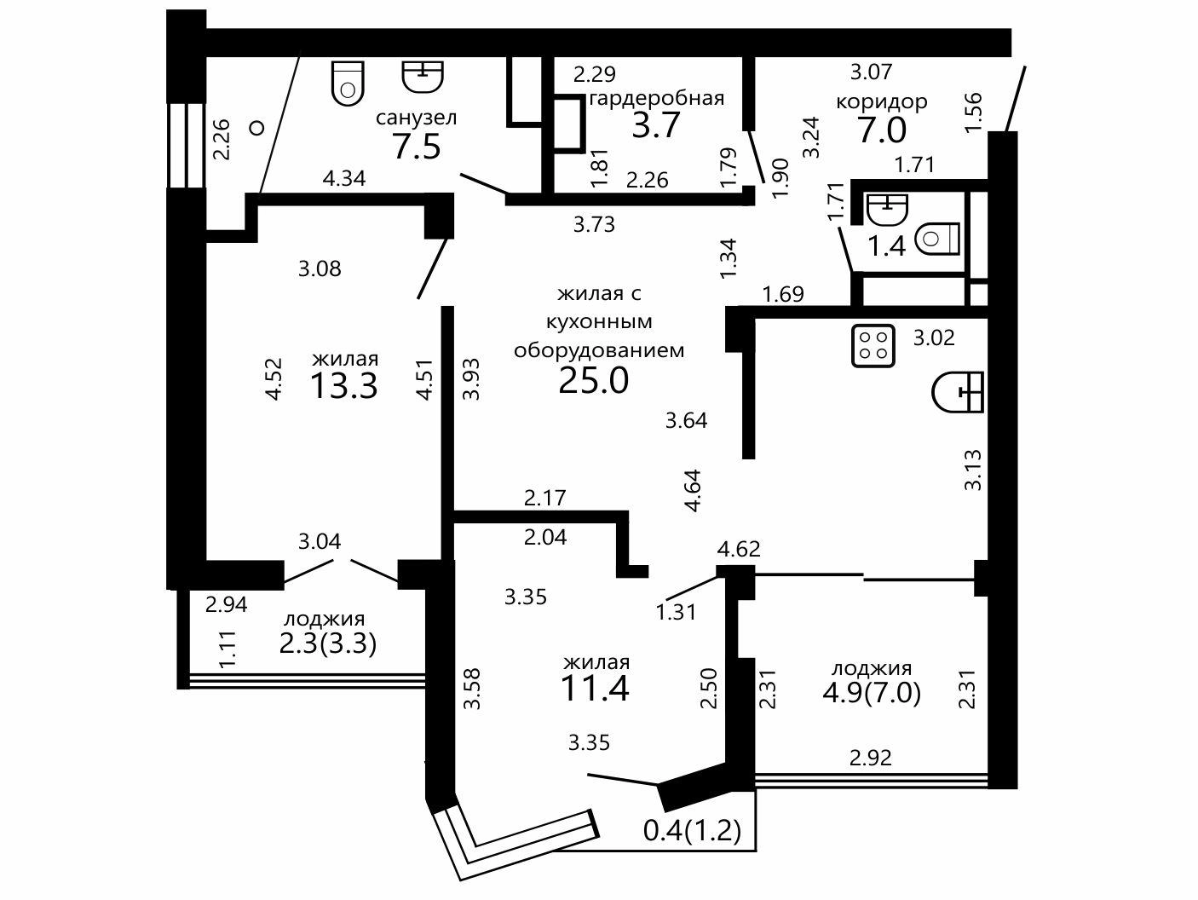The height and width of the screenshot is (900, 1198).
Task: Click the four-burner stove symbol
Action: [873, 345]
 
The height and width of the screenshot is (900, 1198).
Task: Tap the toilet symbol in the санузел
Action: [348, 84]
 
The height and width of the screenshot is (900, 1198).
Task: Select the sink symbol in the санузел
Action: [423, 77]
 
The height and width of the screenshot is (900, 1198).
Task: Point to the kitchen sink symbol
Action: [958, 392]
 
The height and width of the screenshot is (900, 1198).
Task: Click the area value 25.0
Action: [594, 380]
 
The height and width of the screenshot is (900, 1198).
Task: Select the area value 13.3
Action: [344, 386]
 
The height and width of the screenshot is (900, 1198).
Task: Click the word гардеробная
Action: [657, 99]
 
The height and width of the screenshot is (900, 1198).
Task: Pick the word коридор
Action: [881, 101]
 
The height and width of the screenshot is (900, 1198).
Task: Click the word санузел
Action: [416, 118]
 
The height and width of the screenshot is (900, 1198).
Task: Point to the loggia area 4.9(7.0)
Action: [872, 694]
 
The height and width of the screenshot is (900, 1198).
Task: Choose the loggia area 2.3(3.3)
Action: [327, 644]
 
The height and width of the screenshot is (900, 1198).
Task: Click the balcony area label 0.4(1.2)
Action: [692, 831]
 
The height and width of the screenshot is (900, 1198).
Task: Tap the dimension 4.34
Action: [344, 178]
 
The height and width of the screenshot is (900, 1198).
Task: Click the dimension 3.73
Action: [594, 224]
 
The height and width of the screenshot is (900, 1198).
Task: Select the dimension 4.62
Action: [739, 549]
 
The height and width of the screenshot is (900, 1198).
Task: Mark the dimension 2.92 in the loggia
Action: [871, 758]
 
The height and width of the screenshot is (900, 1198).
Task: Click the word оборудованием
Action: [599, 349]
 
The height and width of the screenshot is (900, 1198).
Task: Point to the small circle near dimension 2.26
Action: [256, 128]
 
